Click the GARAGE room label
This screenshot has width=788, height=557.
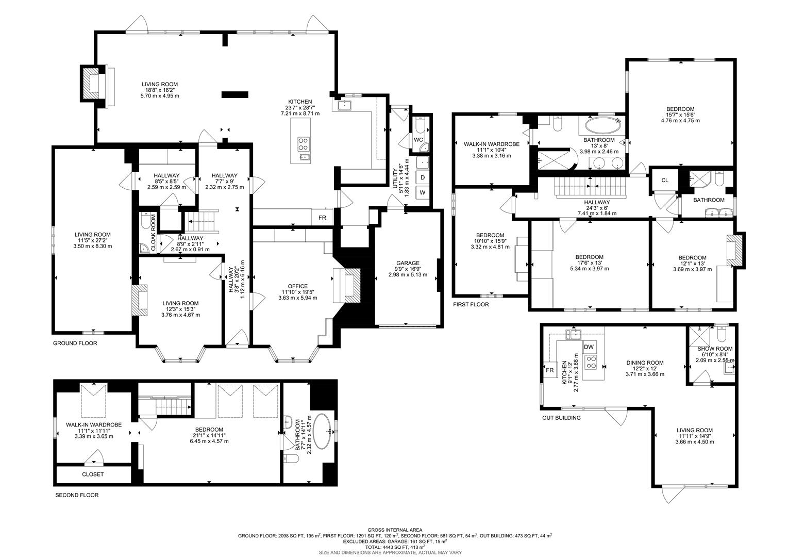[x=407, y=263]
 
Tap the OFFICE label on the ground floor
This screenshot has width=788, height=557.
[x=297, y=286]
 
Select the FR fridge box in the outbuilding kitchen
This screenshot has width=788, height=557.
[x=549, y=370]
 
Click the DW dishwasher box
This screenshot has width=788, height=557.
[x=589, y=347]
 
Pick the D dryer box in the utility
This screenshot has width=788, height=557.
[x=423, y=177]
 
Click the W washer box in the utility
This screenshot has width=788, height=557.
[x=423, y=192]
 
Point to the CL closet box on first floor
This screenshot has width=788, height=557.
[x=664, y=180]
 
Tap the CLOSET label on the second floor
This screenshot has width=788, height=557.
[x=93, y=474]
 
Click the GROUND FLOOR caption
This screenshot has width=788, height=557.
[x=75, y=343]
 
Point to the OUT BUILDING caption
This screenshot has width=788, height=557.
[x=561, y=418]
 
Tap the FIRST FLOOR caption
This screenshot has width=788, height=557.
[x=471, y=304]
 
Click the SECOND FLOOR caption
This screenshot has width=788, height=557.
[x=76, y=495]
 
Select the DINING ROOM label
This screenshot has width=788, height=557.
[x=644, y=363]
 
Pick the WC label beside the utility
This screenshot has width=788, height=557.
[x=418, y=139]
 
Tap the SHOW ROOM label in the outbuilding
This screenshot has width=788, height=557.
[x=715, y=349]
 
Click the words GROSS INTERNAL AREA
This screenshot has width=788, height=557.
[x=394, y=530]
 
